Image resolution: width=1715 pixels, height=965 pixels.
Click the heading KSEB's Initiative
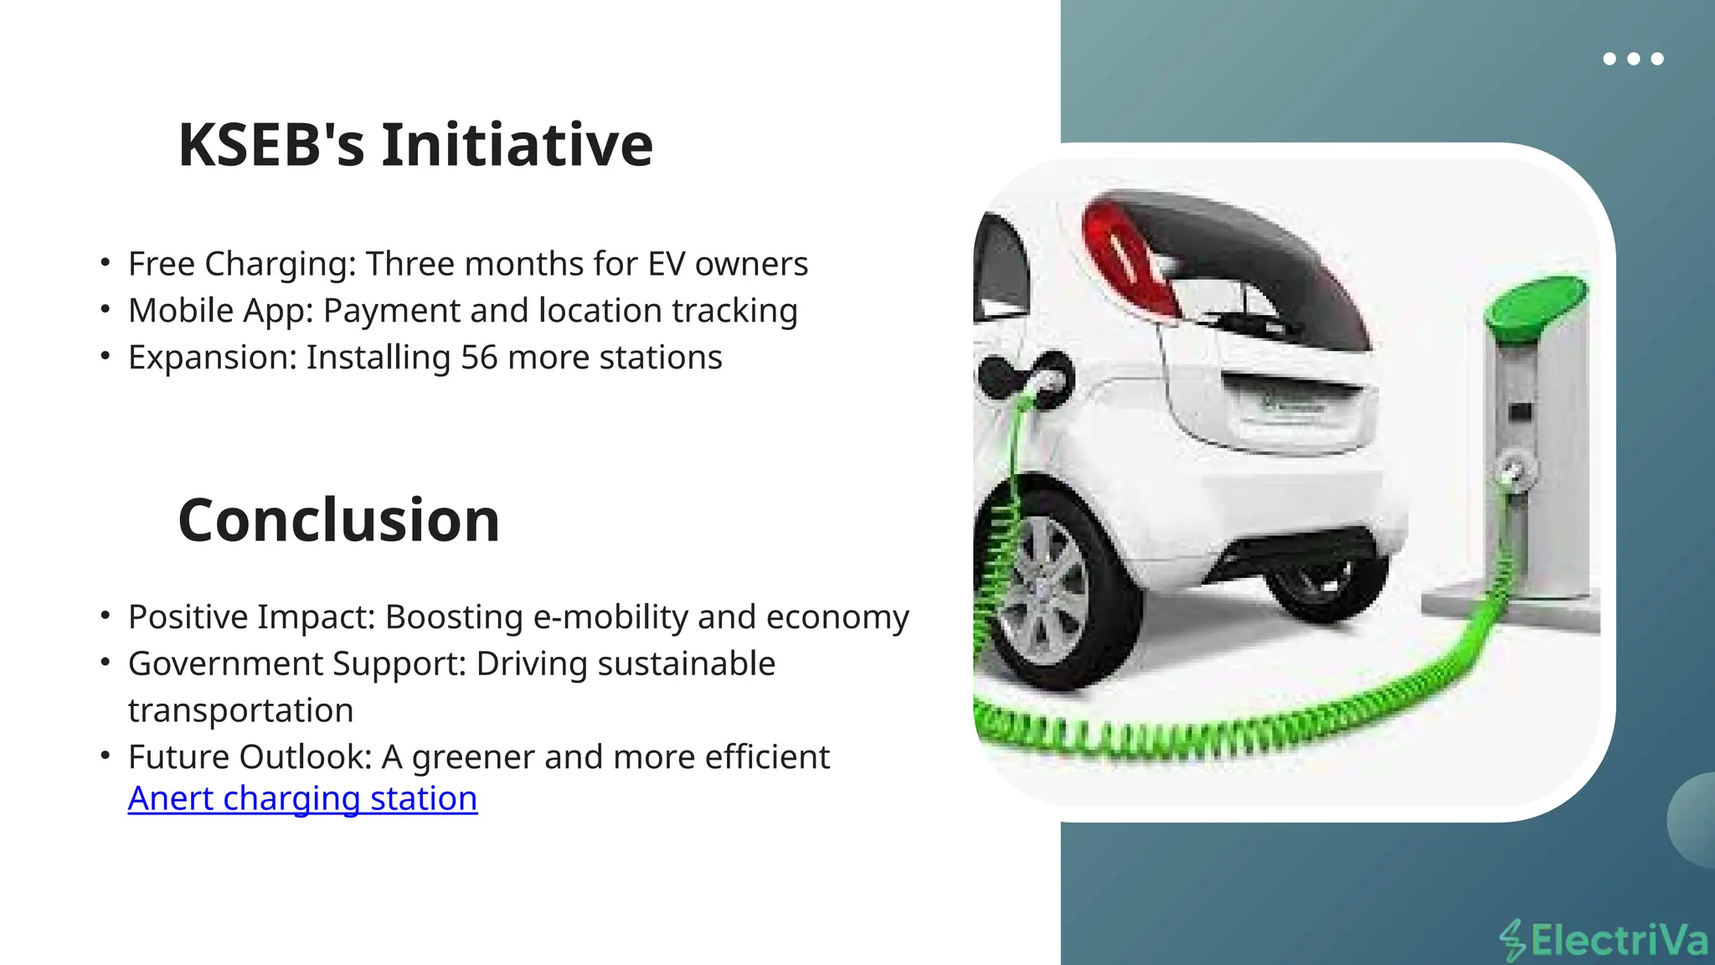(x=415, y=145)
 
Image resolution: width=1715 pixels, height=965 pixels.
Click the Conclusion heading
(x=338, y=520)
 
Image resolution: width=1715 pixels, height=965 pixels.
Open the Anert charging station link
(x=302, y=798)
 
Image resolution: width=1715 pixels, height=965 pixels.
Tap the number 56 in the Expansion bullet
(x=479, y=358)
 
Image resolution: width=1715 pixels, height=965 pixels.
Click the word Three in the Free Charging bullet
(x=409, y=264)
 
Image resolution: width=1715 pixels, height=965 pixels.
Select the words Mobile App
(x=220, y=311)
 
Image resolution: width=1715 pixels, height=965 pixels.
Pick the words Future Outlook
(x=249, y=757)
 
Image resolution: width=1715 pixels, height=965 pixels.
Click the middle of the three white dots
(x=1633, y=59)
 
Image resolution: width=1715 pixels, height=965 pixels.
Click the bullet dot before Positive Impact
(x=105, y=617)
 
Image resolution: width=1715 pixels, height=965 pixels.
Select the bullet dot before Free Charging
(x=105, y=263)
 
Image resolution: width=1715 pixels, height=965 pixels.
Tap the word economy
(x=837, y=617)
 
